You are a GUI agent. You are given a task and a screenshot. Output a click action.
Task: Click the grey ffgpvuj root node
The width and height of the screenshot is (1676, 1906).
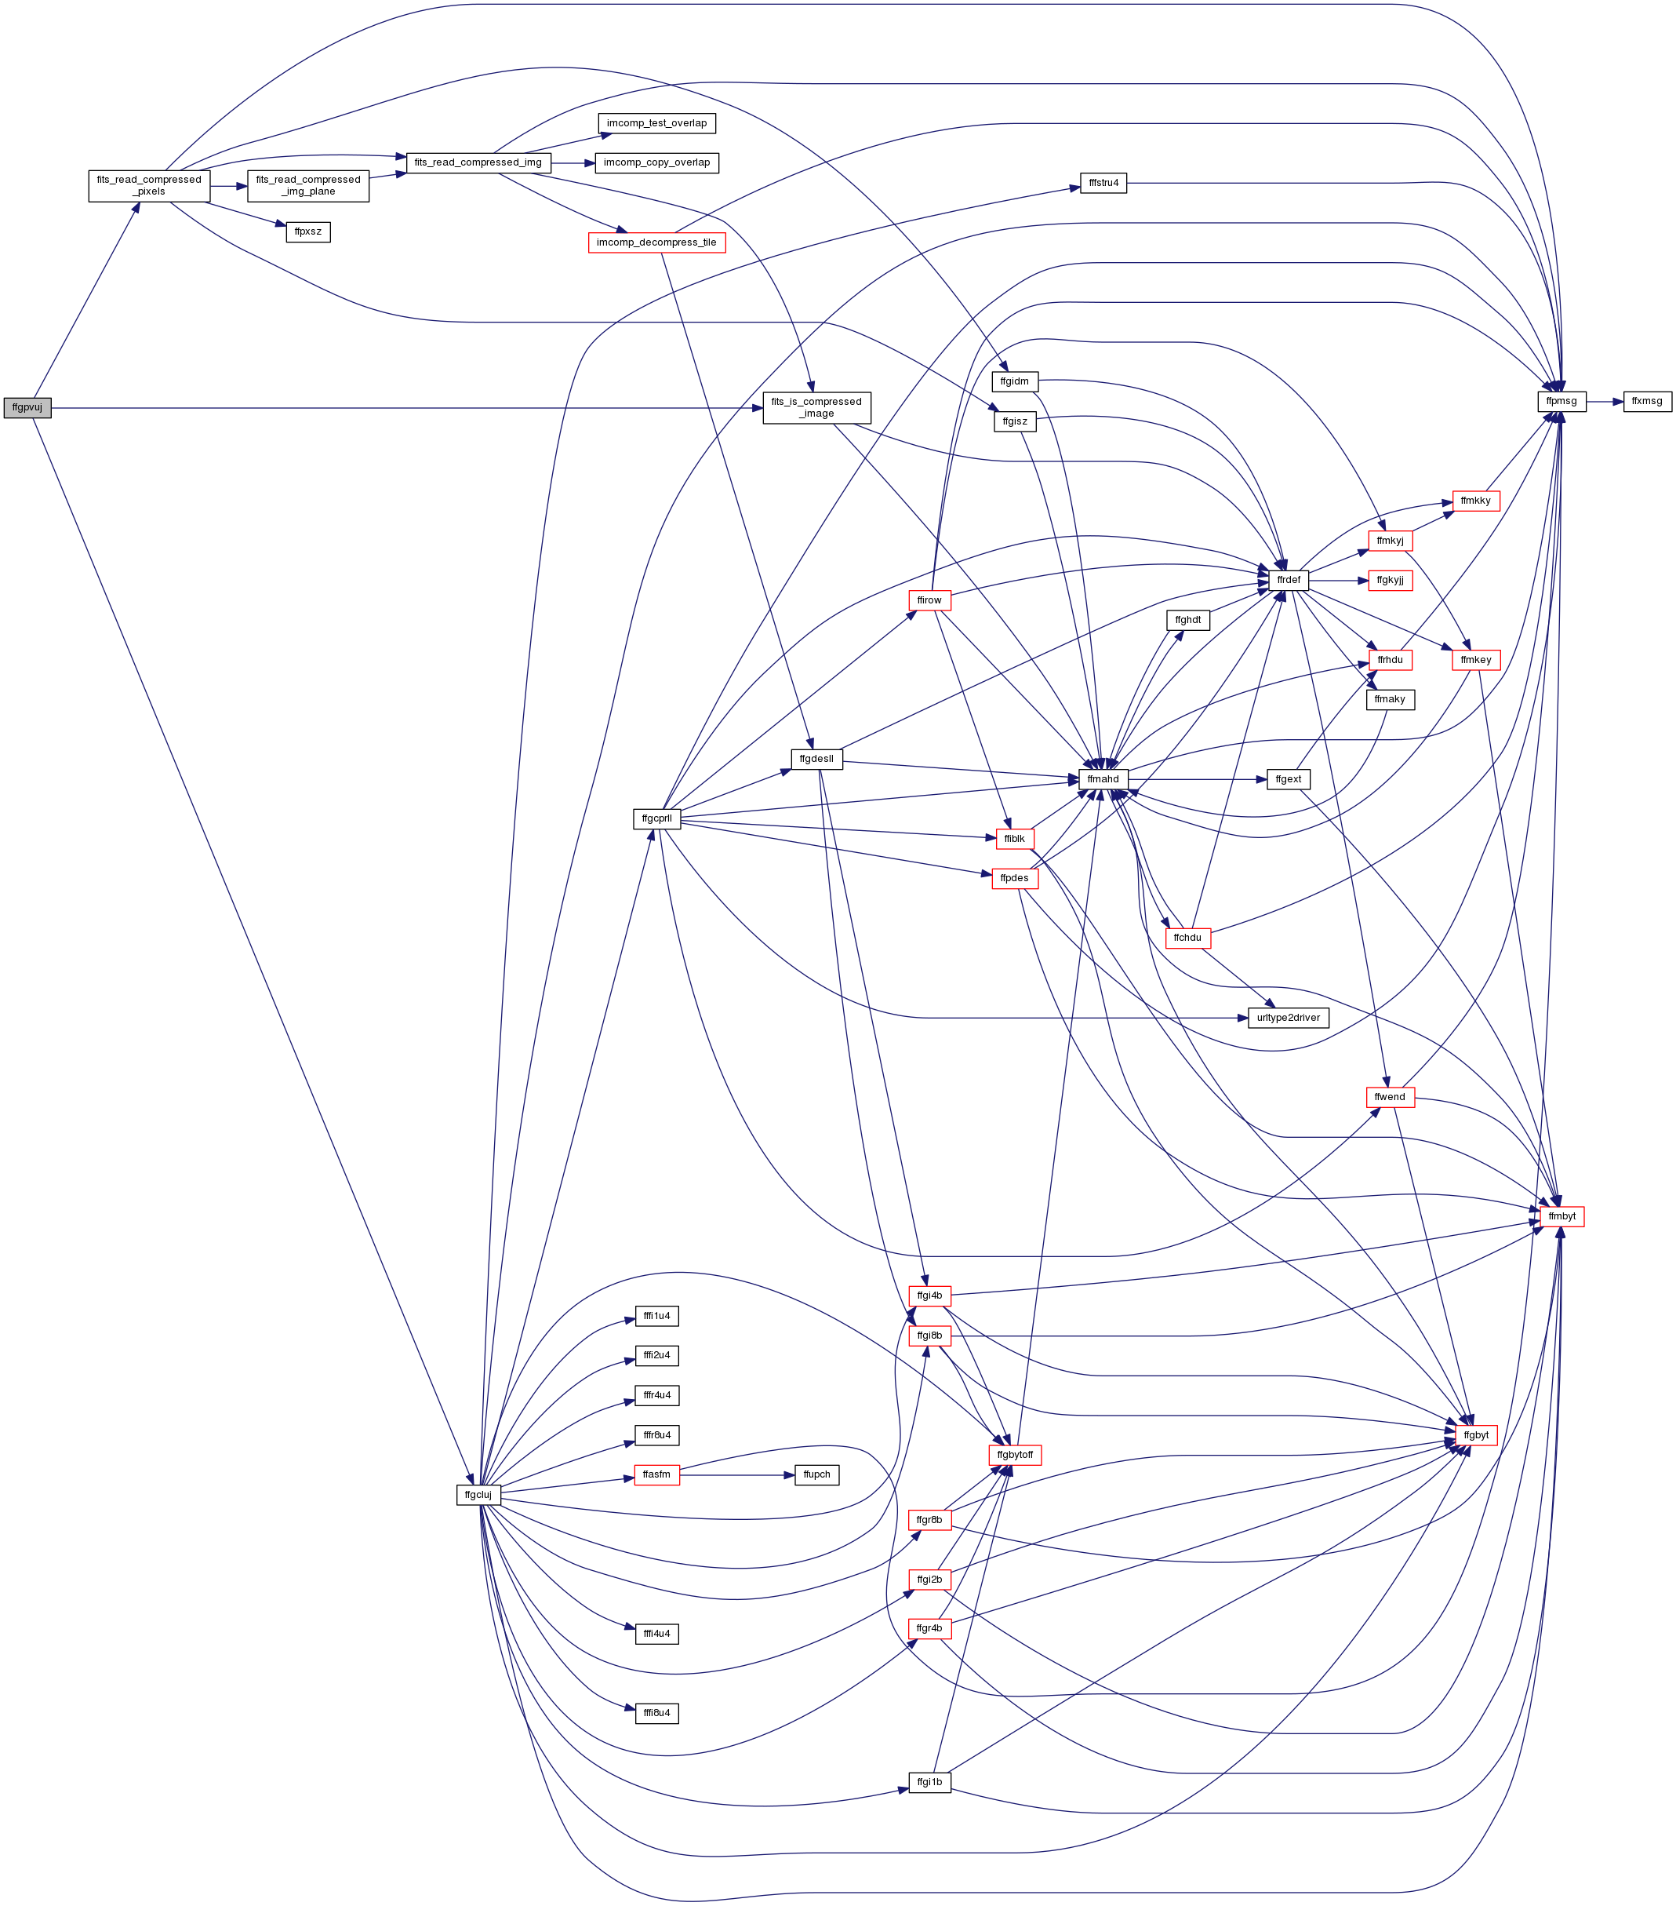coord(27,407)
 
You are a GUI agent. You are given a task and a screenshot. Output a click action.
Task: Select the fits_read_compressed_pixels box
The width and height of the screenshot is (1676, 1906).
coord(149,185)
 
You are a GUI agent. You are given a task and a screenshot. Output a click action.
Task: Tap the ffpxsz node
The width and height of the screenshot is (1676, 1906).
coord(307,231)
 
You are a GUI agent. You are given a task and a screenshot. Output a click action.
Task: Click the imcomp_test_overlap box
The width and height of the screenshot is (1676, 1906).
coord(656,123)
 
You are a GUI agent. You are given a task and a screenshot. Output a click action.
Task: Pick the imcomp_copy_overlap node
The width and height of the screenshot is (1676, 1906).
coord(656,162)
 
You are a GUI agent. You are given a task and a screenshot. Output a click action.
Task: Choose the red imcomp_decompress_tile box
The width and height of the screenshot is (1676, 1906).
coord(656,242)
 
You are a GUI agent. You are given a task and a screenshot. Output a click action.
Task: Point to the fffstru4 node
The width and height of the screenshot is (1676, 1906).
coord(1103,183)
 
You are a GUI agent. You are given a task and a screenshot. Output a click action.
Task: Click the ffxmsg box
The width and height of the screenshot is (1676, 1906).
coord(1647,401)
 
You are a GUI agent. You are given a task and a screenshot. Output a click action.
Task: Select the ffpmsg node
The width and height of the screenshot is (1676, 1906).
coord(1561,401)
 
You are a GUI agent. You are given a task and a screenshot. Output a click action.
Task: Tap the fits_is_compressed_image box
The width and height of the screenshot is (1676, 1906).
coord(816,407)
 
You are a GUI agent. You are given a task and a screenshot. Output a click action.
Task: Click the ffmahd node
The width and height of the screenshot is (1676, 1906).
coord(1103,778)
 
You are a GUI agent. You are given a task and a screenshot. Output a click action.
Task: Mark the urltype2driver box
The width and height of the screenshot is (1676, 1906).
coord(1289,1017)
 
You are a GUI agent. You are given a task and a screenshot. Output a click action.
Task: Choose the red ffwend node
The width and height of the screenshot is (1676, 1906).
coord(1389,1097)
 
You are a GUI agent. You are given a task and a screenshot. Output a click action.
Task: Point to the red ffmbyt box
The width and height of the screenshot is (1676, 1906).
coord(1561,1216)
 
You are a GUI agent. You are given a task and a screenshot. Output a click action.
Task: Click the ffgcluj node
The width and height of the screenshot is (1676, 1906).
coord(478,1495)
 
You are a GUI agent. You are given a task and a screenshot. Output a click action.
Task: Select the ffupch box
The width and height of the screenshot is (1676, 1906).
coord(816,1474)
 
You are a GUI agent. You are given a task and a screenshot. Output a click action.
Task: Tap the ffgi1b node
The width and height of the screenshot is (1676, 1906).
coord(929,1782)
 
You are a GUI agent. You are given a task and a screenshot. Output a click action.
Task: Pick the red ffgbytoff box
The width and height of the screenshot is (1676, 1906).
coord(1014,1455)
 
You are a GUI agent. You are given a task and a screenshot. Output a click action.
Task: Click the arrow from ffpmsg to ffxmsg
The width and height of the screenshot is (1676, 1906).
coord(1604,401)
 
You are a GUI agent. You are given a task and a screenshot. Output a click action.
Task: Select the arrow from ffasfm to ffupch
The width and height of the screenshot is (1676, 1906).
coord(737,1475)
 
